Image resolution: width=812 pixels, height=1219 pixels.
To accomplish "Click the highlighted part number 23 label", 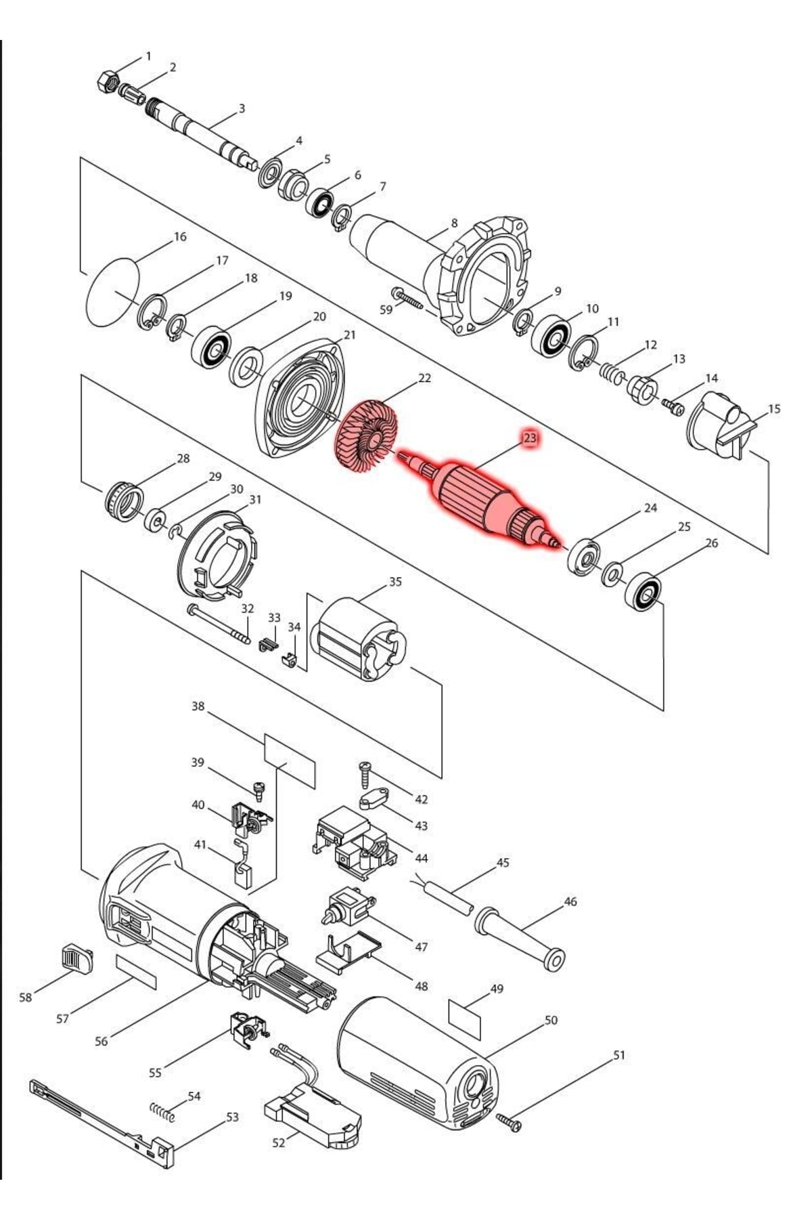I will pyautogui.click(x=530, y=438).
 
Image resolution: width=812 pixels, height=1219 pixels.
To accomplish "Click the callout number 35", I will pyautogui.click(x=395, y=582).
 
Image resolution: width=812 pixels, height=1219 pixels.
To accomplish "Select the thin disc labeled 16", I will pyautogui.click(x=113, y=293).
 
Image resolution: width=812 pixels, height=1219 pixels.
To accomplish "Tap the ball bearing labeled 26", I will pyautogui.click(x=642, y=593).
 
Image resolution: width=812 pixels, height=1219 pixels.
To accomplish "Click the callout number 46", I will pyautogui.click(x=570, y=901).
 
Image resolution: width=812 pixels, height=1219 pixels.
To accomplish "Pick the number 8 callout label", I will pyautogui.click(x=454, y=223).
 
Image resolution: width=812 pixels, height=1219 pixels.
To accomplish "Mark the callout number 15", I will pyautogui.click(x=774, y=408).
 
